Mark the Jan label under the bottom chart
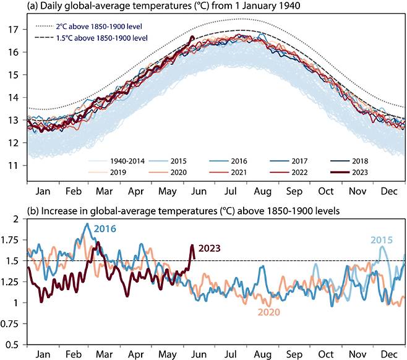tap(43, 354)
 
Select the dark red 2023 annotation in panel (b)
tap(211, 249)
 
